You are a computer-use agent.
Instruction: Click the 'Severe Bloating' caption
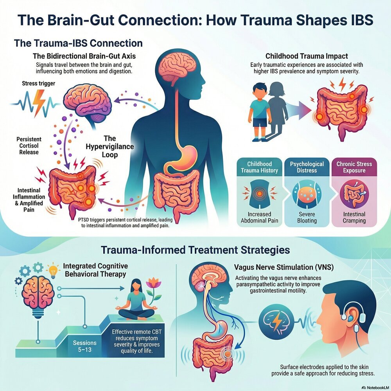tap(307, 217)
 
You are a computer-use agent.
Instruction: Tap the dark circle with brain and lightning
tap(276, 317)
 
